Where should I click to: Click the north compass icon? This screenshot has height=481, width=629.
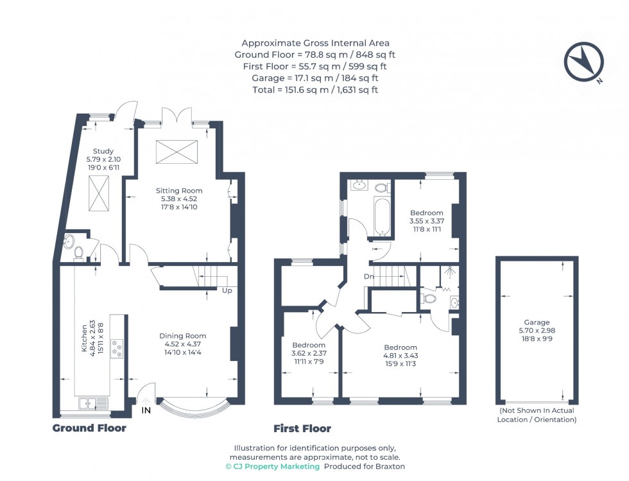click(x=583, y=62)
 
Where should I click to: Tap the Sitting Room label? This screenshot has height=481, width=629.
click(x=179, y=191)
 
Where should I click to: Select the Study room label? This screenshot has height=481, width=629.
click(x=103, y=152)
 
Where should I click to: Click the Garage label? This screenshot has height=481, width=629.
click(x=536, y=322)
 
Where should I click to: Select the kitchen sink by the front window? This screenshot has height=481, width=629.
click(x=94, y=403)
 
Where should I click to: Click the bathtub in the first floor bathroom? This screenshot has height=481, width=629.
click(x=379, y=216)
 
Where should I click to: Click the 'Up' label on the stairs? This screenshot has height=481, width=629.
click(x=227, y=290)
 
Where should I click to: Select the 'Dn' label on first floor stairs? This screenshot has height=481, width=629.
click(x=368, y=277)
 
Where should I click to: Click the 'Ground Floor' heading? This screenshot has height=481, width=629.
click(x=89, y=428)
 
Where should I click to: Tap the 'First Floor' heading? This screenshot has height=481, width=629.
click(x=302, y=428)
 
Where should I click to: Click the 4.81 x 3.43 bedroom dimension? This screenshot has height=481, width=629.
click(x=401, y=355)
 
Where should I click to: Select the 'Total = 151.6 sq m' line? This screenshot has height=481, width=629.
click(x=314, y=90)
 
